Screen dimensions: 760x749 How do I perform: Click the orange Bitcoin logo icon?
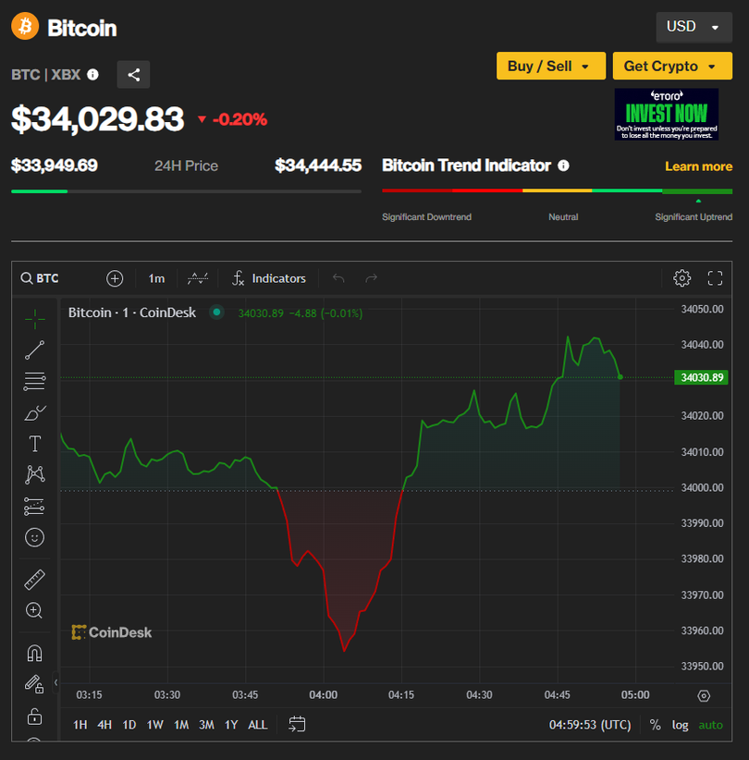click(x=25, y=27)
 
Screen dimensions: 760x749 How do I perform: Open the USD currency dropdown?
click(x=693, y=27)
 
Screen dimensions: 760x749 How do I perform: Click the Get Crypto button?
click(x=671, y=66)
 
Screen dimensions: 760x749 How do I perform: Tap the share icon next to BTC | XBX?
click(x=133, y=75)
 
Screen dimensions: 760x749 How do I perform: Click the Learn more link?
click(x=698, y=166)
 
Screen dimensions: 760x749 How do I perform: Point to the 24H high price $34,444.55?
click(x=318, y=165)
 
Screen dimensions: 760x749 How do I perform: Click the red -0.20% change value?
click(x=239, y=119)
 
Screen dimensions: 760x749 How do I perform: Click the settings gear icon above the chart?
click(x=682, y=278)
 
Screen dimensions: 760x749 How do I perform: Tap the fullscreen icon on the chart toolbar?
click(x=715, y=278)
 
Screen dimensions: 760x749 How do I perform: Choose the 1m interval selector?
click(x=156, y=278)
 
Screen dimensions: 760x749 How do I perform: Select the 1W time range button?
click(x=154, y=725)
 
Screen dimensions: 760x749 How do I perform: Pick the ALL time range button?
click(x=258, y=725)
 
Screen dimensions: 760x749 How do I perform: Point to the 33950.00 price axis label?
click(x=703, y=667)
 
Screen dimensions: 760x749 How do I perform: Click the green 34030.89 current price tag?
click(x=703, y=377)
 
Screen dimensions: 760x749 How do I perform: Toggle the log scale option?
click(x=681, y=725)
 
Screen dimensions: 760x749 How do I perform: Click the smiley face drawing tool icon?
click(x=34, y=537)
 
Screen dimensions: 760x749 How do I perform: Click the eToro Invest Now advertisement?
click(x=666, y=115)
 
